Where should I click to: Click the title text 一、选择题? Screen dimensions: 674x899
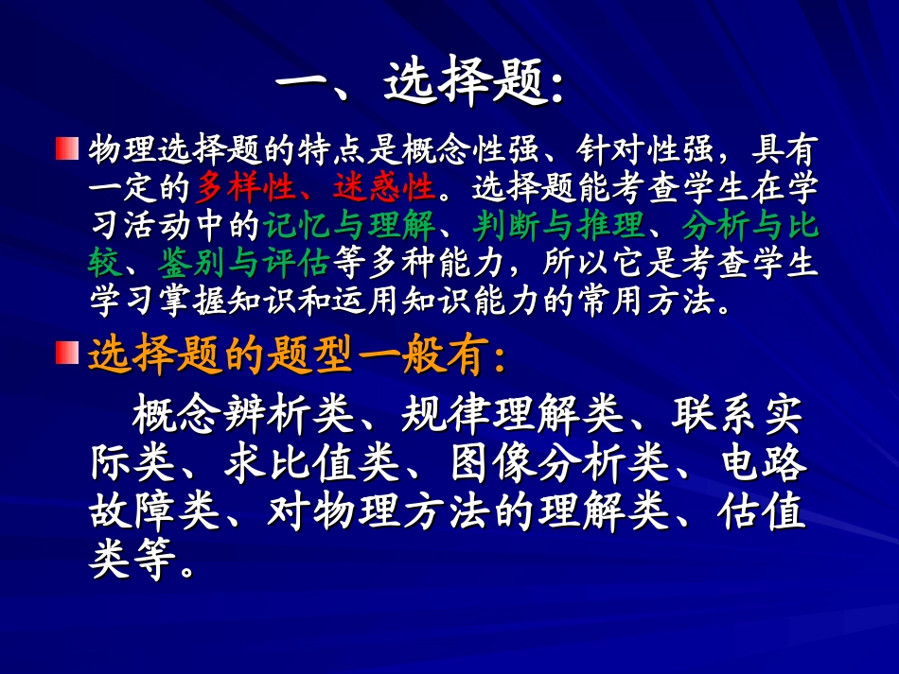point(420,86)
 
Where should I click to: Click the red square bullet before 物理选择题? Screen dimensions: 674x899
point(66,149)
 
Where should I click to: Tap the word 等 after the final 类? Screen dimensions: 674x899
point(156,564)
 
